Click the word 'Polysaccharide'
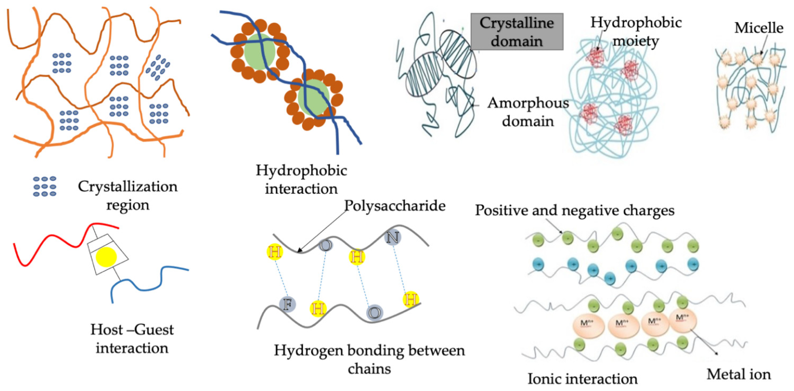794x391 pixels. point(395,205)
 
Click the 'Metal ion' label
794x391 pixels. point(739,374)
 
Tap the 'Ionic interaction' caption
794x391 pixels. point(582,379)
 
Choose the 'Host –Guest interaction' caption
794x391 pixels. point(132,339)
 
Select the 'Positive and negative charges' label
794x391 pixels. point(574,211)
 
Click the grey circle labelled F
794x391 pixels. point(287,304)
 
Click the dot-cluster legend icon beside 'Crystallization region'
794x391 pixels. point(45,186)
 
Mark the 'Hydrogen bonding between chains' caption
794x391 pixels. point(369,359)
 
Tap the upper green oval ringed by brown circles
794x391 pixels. point(260,51)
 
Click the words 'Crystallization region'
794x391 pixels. point(128,195)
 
